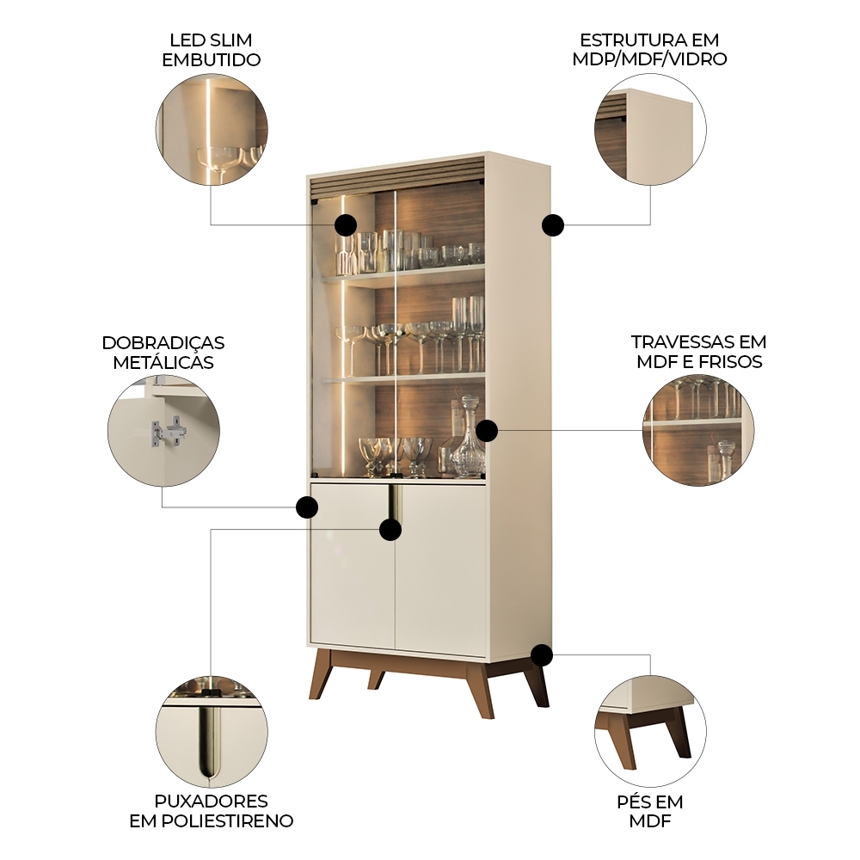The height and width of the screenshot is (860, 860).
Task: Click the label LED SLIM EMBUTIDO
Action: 211,50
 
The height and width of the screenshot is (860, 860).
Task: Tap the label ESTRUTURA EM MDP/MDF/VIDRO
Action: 649,49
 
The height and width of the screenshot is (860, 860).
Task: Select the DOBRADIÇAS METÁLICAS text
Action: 163,353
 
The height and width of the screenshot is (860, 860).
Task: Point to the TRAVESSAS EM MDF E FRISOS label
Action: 698,352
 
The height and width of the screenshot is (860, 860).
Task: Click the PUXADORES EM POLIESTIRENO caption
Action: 212,811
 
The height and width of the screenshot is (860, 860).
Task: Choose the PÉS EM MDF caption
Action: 650,811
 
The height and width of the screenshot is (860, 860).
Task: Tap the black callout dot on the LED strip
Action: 346,224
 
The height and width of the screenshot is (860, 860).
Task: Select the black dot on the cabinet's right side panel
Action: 553,224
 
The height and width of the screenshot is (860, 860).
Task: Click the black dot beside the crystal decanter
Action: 487,431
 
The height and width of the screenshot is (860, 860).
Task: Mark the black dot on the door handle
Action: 390,529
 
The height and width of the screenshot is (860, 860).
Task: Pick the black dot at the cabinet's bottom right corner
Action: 542,654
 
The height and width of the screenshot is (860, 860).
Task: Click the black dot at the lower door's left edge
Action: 307,507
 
